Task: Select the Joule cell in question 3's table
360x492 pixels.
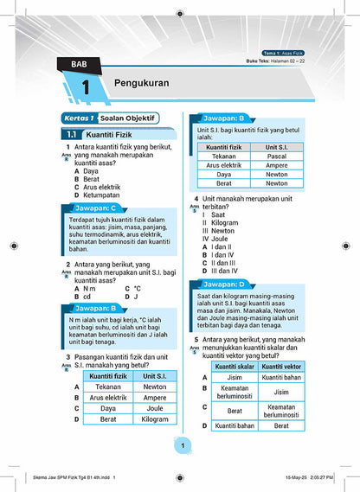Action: [154, 409]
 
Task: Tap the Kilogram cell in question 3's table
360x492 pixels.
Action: [154, 419]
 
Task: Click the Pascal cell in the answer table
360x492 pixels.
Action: [276, 156]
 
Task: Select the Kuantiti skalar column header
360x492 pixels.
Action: [234, 367]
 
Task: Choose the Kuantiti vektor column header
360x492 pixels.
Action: [280, 367]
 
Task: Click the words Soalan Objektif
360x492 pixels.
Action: [124, 118]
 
